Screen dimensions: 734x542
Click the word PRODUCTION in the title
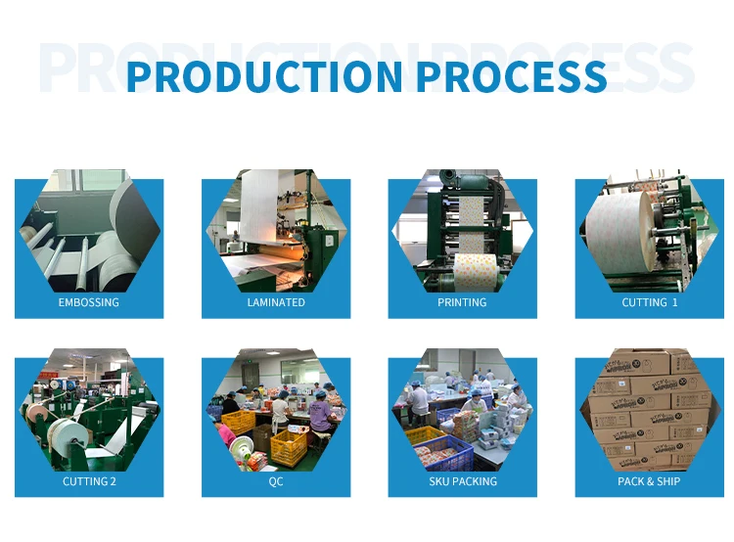[264, 76]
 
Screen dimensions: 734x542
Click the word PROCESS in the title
[512, 76]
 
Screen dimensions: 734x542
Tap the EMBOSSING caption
[88, 302]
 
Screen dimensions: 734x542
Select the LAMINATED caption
[276, 302]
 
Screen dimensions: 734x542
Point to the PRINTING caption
[462, 302]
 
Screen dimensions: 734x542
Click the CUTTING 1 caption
[649, 302]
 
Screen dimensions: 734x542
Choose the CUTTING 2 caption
[89, 481]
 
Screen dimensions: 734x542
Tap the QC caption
[276, 481]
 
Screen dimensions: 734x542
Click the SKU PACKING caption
[463, 481]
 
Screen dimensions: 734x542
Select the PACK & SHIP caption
[649, 481]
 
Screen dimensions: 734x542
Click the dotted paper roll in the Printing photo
[475, 271]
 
